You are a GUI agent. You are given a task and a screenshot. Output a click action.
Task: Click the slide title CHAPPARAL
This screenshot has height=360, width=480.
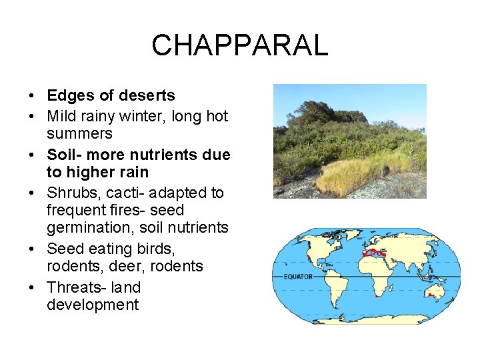tap(239, 45)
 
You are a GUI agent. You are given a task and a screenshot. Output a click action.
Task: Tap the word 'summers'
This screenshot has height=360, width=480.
tap(79, 133)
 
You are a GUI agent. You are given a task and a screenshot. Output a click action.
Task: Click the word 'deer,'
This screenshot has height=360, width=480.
tap(127, 266)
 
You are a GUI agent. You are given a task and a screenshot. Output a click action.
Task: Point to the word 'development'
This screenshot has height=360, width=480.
tap(93, 305)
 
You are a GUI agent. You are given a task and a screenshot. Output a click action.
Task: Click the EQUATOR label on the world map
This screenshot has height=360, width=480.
tap(298, 276)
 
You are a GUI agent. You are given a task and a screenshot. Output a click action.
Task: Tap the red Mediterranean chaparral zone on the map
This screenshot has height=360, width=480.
tap(373, 253)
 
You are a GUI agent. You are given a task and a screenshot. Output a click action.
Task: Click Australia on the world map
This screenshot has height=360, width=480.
tap(434, 291)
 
